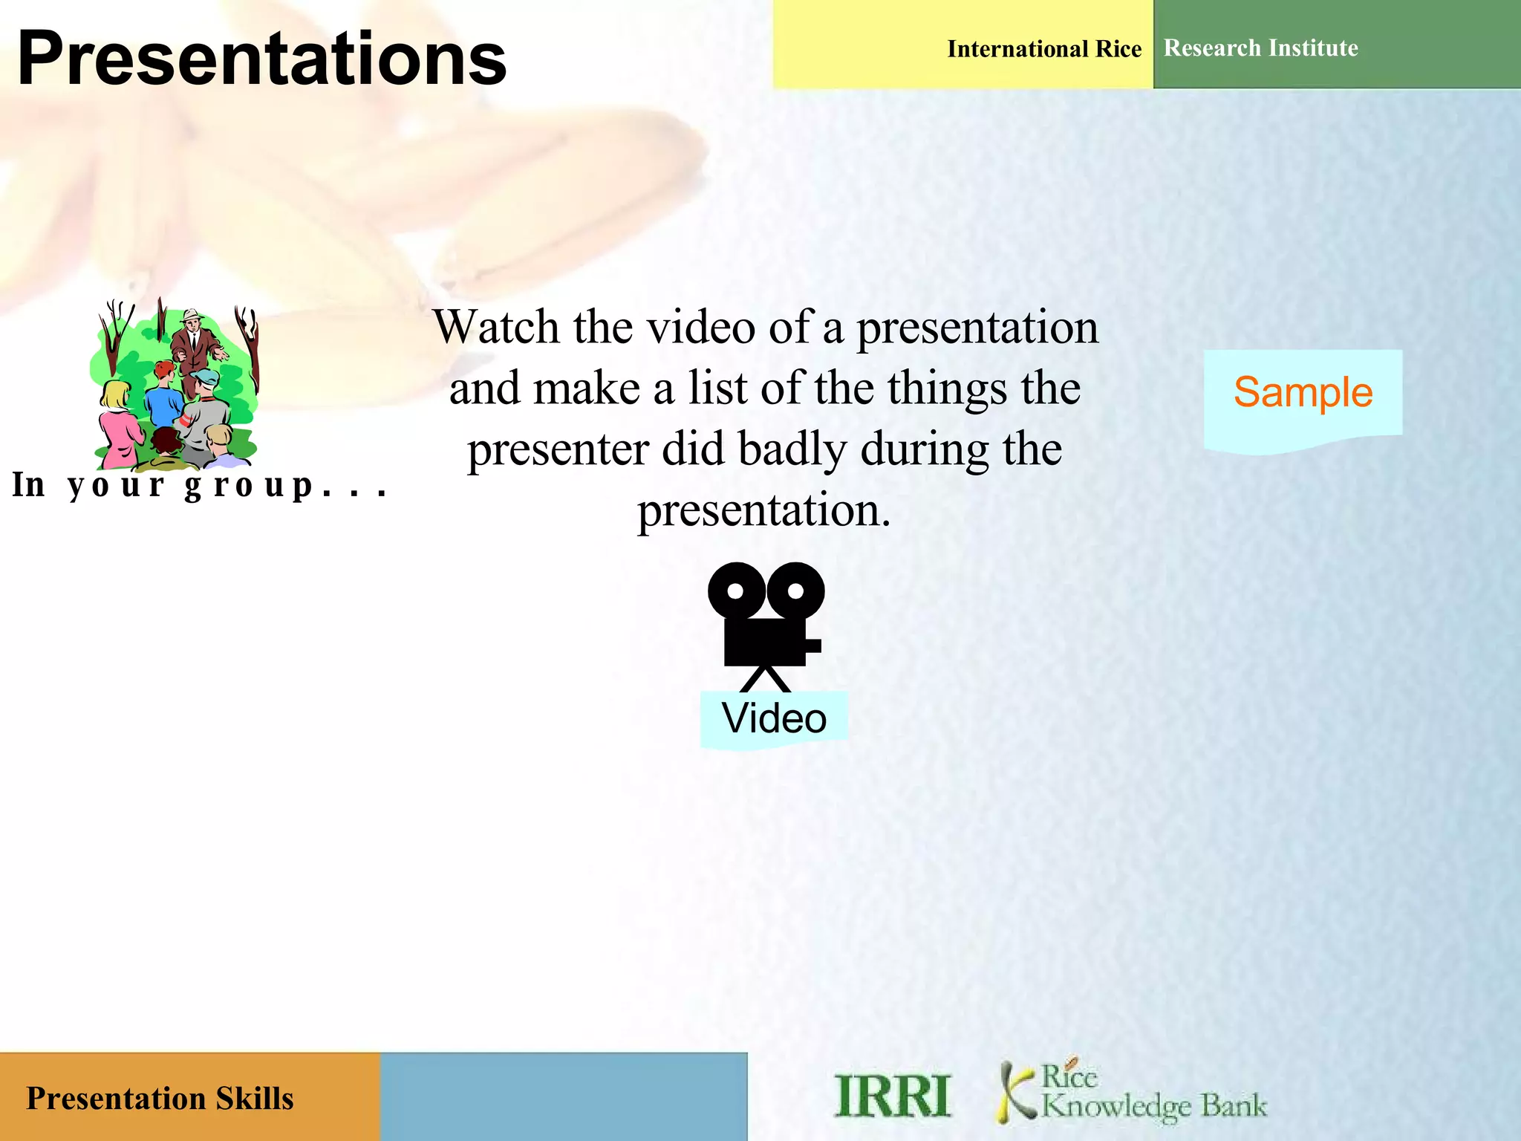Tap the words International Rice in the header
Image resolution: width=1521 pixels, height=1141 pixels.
tap(1043, 49)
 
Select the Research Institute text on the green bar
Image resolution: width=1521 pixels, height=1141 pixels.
tap(1260, 48)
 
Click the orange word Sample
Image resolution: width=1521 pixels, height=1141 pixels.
tap(1303, 392)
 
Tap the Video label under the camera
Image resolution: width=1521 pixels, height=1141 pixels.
tap(774, 718)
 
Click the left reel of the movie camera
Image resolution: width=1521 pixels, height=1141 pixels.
tap(735, 591)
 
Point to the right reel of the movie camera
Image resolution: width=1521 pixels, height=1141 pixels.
tap(795, 591)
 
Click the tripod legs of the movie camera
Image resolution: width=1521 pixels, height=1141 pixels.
tap(765, 679)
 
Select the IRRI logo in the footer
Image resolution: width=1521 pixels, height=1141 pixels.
tap(892, 1096)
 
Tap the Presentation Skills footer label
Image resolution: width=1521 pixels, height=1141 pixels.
tap(160, 1099)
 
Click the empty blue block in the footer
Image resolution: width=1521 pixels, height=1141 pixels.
tap(563, 1096)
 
